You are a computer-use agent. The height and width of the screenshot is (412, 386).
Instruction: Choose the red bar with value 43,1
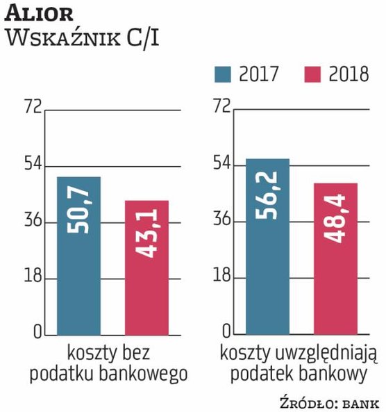pyautogui.click(x=146, y=267)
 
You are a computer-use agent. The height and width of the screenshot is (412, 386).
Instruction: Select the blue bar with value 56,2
pyautogui.click(x=267, y=246)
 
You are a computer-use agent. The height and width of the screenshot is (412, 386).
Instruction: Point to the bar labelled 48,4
pyautogui.click(x=335, y=258)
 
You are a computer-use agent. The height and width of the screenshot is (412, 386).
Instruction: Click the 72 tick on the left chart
pyautogui.click(x=33, y=108)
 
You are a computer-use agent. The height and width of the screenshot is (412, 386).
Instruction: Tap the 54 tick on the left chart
pyautogui.click(x=33, y=165)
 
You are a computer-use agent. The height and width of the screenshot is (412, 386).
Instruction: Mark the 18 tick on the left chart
pyautogui.click(x=33, y=278)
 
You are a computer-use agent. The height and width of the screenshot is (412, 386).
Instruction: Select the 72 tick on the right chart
pyautogui.click(x=221, y=108)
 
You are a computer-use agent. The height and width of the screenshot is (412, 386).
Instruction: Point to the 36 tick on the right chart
pyautogui.click(x=221, y=221)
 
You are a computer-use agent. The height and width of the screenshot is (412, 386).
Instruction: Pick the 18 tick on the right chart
pyautogui.click(x=221, y=278)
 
